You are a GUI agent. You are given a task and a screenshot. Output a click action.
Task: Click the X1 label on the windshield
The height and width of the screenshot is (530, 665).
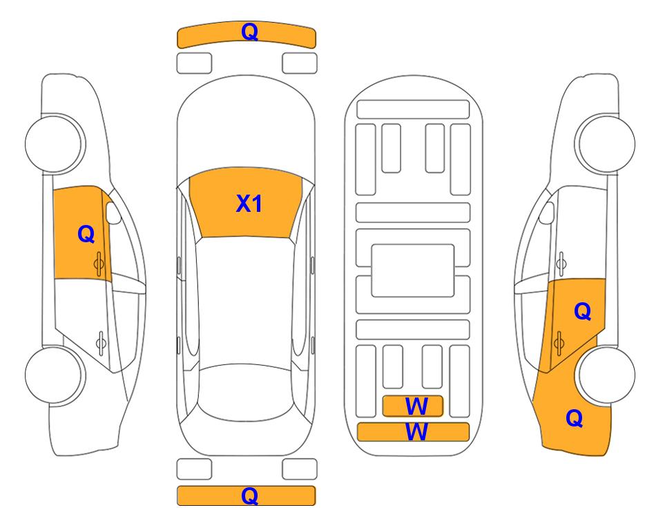tap(249, 204)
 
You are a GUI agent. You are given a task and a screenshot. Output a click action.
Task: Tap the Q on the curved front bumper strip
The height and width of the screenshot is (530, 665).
tap(249, 32)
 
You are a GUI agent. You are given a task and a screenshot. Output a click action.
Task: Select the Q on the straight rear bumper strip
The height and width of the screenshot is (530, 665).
tap(249, 495)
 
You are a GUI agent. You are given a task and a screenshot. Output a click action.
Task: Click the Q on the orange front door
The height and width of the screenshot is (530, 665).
tap(86, 234)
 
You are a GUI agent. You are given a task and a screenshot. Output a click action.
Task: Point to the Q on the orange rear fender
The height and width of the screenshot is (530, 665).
tap(575, 418)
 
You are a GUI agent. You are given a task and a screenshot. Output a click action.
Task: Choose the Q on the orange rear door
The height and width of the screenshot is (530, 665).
tap(582, 312)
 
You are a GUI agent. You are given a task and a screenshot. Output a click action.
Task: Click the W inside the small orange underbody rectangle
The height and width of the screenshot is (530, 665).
tap(416, 406)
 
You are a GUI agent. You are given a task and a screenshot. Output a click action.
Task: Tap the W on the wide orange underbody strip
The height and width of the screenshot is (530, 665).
tap(416, 432)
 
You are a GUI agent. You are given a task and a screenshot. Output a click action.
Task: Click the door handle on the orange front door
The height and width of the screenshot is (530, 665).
tap(99, 264)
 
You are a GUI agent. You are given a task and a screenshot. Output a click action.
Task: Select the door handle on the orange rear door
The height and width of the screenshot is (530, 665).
tap(559, 344)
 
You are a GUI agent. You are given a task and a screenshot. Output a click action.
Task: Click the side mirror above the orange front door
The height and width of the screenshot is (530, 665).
tap(113, 213)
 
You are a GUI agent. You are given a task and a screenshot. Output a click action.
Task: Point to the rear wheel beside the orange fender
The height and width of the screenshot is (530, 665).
tap(606, 375)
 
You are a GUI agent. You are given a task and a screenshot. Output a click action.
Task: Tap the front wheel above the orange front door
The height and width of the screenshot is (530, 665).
tap(54, 144)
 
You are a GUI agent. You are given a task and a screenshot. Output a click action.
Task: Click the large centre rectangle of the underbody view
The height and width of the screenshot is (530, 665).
tap(413, 271)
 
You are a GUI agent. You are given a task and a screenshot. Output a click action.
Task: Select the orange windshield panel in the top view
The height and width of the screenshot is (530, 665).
tap(246, 203)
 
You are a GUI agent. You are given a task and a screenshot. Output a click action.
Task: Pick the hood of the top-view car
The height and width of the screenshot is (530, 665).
tap(246, 127)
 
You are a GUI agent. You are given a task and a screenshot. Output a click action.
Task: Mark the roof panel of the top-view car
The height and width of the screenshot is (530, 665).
tap(246, 301)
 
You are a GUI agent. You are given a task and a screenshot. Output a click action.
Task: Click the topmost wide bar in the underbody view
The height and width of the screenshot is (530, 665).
tap(413, 110)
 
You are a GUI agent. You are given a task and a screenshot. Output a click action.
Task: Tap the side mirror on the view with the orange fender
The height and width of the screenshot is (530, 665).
tap(547, 213)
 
